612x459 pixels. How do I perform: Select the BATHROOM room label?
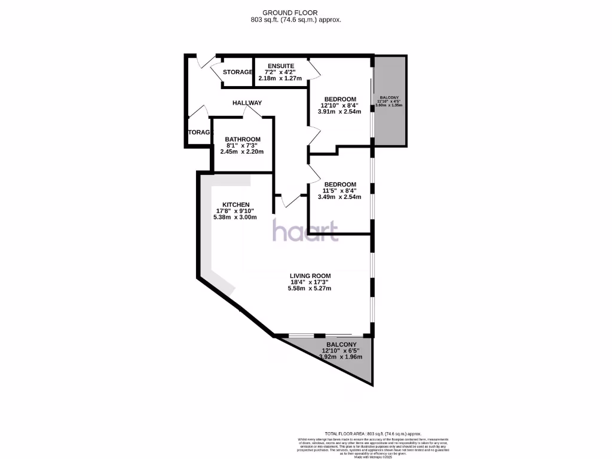click(x=243, y=139)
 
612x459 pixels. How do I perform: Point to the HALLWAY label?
click(x=247, y=103)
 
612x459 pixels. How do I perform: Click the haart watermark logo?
click(x=306, y=231)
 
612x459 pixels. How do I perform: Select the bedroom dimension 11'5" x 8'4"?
click(x=339, y=191)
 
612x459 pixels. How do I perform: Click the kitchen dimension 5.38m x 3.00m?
click(x=235, y=217)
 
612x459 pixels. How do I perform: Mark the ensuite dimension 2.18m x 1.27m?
click(x=279, y=78)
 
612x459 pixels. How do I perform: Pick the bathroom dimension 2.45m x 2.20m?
click(x=243, y=152)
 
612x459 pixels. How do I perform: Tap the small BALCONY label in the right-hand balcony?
click(x=389, y=97)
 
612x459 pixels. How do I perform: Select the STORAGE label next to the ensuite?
click(x=237, y=72)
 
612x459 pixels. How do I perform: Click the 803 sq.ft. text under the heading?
click(x=296, y=20)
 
